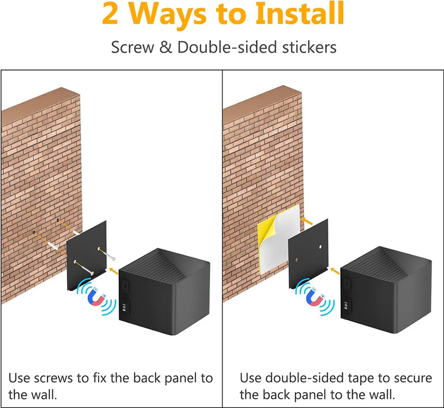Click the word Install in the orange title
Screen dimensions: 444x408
pyautogui.click(x=300, y=13)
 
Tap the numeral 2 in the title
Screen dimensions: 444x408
pyautogui.click(x=110, y=14)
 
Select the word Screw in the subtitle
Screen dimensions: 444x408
pyautogui.click(x=132, y=47)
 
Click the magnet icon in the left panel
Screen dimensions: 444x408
pyautogui.click(x=97, y=297)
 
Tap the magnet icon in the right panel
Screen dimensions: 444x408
pyautogui.click(x=315, y=297)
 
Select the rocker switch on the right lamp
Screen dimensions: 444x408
pyautogui.click(x=346, y=305)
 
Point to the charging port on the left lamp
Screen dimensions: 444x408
pyautogui.click(x=125, y=286)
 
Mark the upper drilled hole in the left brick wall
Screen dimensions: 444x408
pyautogui.click(x=58, y=220)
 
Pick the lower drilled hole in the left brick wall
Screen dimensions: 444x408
pyautogui.click(x=34, y=233)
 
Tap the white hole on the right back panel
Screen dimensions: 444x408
pyautogui.click(x=320, y=247)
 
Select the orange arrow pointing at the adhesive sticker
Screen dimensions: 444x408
pyautogui.click(x=307, y=221)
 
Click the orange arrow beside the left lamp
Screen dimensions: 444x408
pyautogui.click(x=114, y=271)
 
